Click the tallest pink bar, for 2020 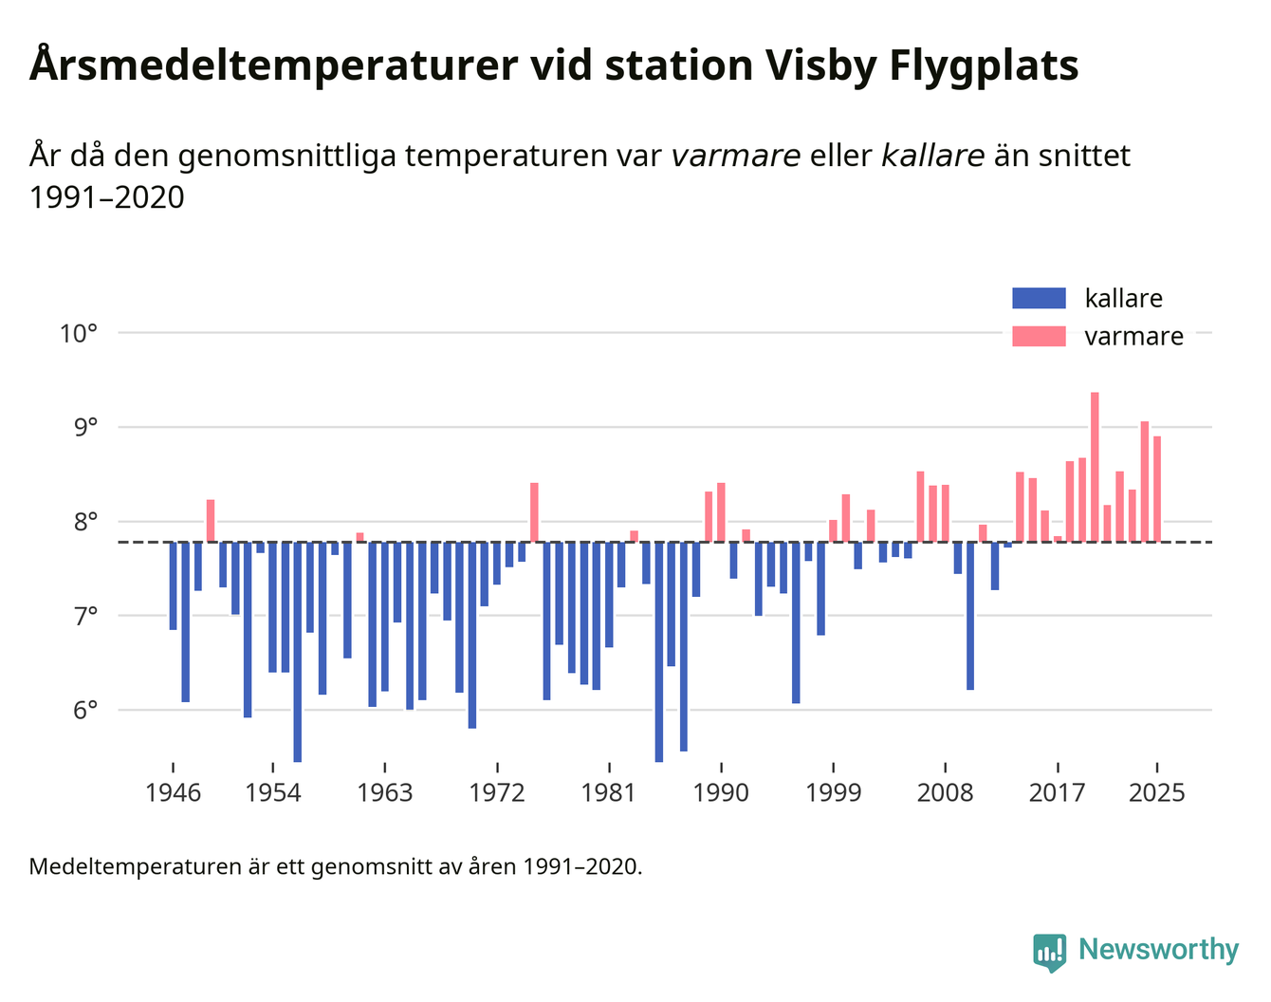tap(1095, 467)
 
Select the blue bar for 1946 tap(173, 585)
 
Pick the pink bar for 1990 tap(721, 512)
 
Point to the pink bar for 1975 tap(534, 512)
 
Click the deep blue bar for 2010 tap(970, 616)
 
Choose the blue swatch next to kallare tap(1039, 298)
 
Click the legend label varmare tap(1133, 337)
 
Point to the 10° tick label tap(79, 334)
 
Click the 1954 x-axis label tap(273, 792)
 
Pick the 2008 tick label tap(945, 792)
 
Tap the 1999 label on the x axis tap(833, 792)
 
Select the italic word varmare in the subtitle tap(735, 156)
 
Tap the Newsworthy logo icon tap(1049, 952)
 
